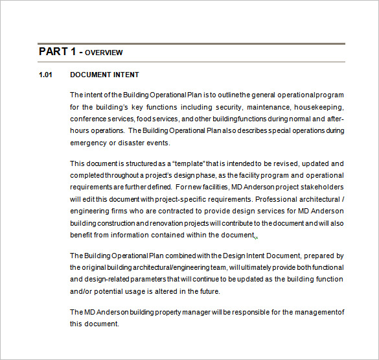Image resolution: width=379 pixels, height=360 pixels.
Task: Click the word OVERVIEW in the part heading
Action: (x=104, y=53)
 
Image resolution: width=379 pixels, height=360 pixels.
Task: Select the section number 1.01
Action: (x=45, y=75)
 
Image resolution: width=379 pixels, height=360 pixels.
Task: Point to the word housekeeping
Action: (x=318, y=107)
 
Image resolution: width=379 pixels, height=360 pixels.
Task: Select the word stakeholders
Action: (x=321, y=187)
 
